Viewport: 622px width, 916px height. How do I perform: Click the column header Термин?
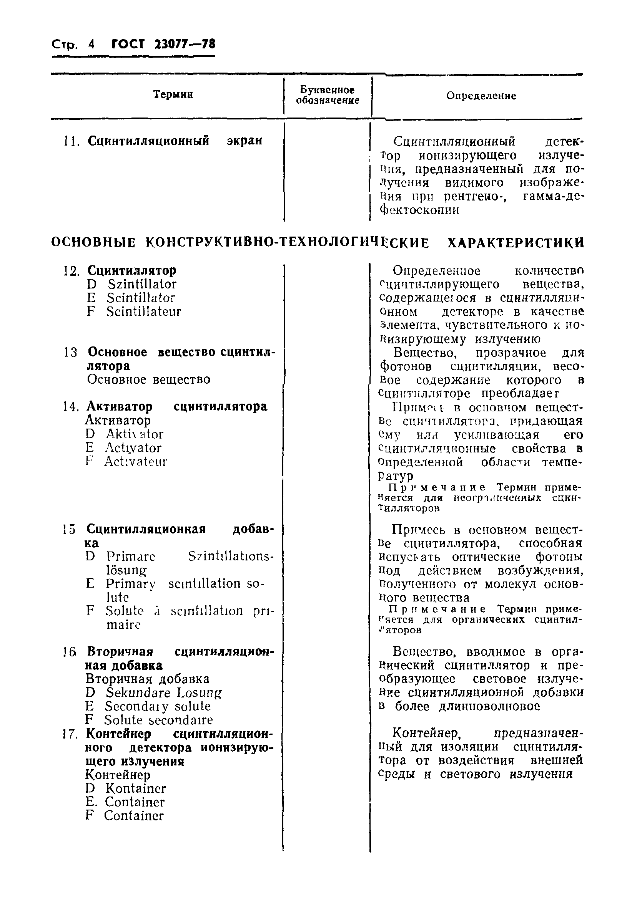point(173,94)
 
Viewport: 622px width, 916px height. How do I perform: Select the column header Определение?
point(481,96)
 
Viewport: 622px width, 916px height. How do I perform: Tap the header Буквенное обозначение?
point(328,95)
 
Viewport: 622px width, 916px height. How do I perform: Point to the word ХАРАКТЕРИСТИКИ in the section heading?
point(516,242)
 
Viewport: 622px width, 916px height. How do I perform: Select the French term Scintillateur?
point(143,311)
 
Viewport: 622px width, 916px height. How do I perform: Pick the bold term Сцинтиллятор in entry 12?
point(132,270)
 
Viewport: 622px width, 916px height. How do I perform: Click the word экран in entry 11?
point(244,141)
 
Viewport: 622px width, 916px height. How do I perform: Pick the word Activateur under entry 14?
point(136,461)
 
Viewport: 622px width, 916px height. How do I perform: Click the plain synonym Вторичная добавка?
point(148,679)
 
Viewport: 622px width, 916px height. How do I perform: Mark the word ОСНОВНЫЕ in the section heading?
point(93,242)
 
